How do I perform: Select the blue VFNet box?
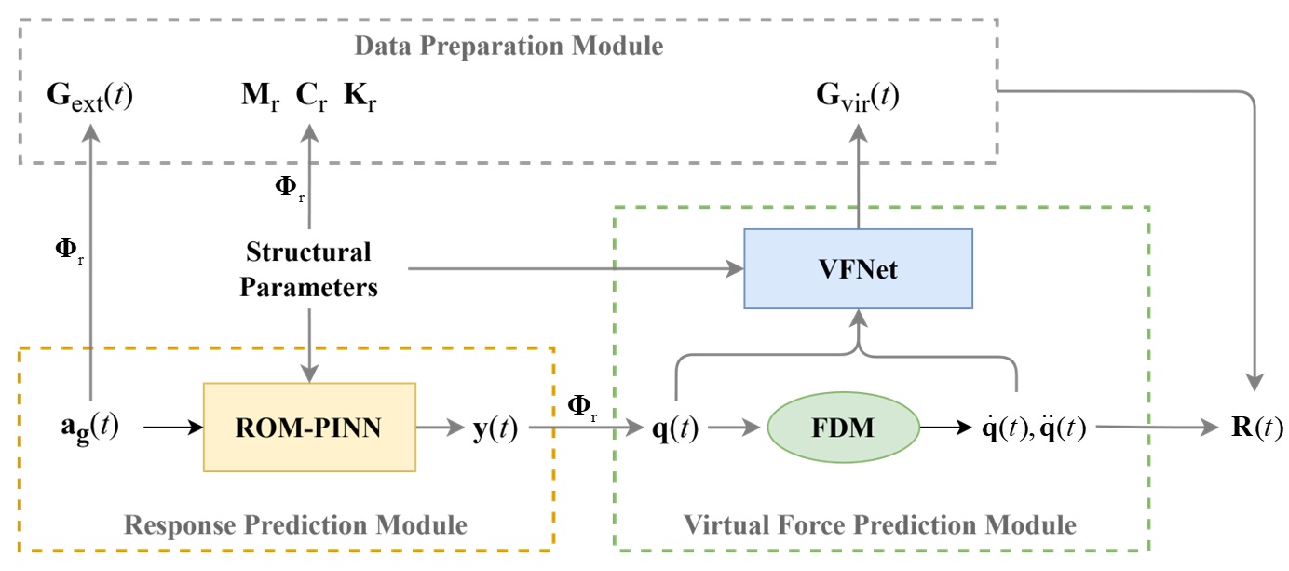(x=858, y=268)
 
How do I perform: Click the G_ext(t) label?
(x=89, y=96)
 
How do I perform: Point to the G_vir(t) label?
(x=857, y=97)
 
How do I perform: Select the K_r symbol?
(x=360, y=96)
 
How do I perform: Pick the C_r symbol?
(x=311, y=96)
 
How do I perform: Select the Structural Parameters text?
(x=308, y=268)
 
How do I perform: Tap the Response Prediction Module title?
(x=295, y=525)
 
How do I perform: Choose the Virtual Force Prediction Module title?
(x=880, y=525)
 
